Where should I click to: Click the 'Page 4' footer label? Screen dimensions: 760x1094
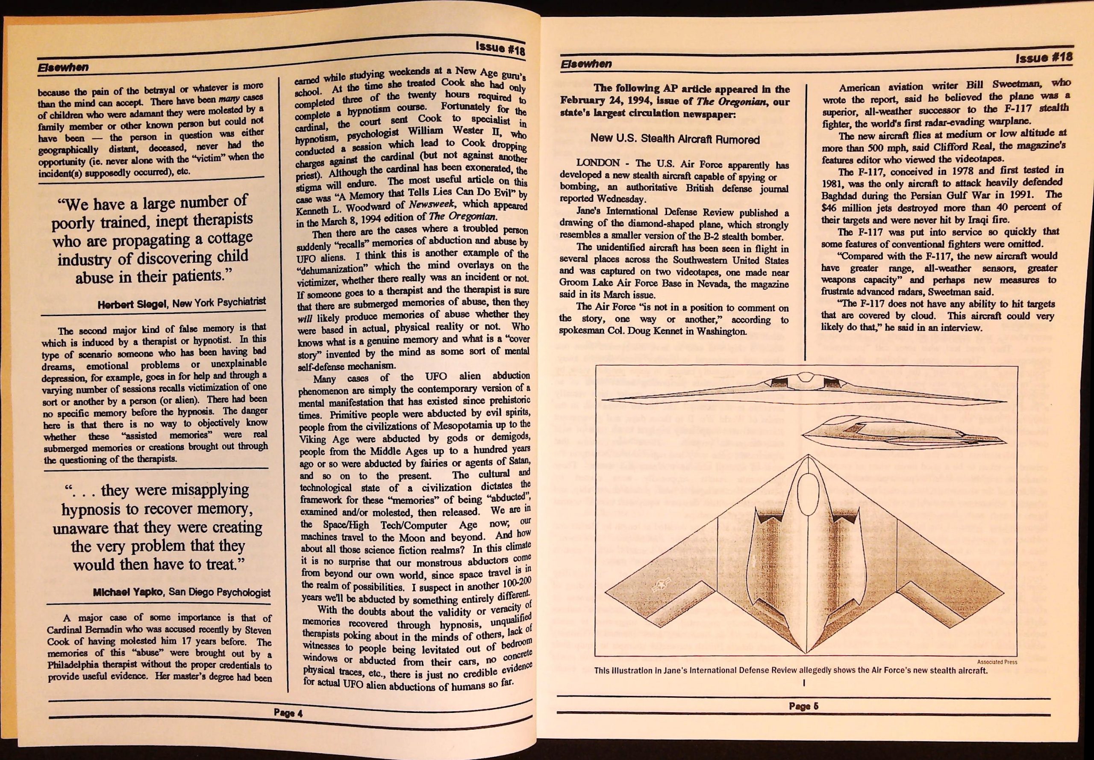(x=288, y=726)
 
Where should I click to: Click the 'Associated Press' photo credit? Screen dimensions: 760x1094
(x=997, y=662)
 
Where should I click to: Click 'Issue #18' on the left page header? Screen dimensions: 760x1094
(x=500, y=49)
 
